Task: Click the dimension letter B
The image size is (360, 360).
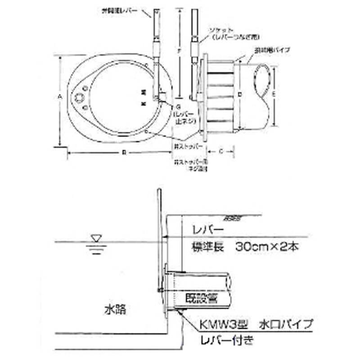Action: tap(123, 153)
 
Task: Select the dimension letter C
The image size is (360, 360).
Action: tap(220, 152)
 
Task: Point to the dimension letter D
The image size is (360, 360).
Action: tap(240, 94)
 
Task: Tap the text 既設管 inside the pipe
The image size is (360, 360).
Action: tap(201, 297)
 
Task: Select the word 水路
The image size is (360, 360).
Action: tap(115, 310)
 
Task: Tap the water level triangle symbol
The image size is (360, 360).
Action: tap(96, 238)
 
